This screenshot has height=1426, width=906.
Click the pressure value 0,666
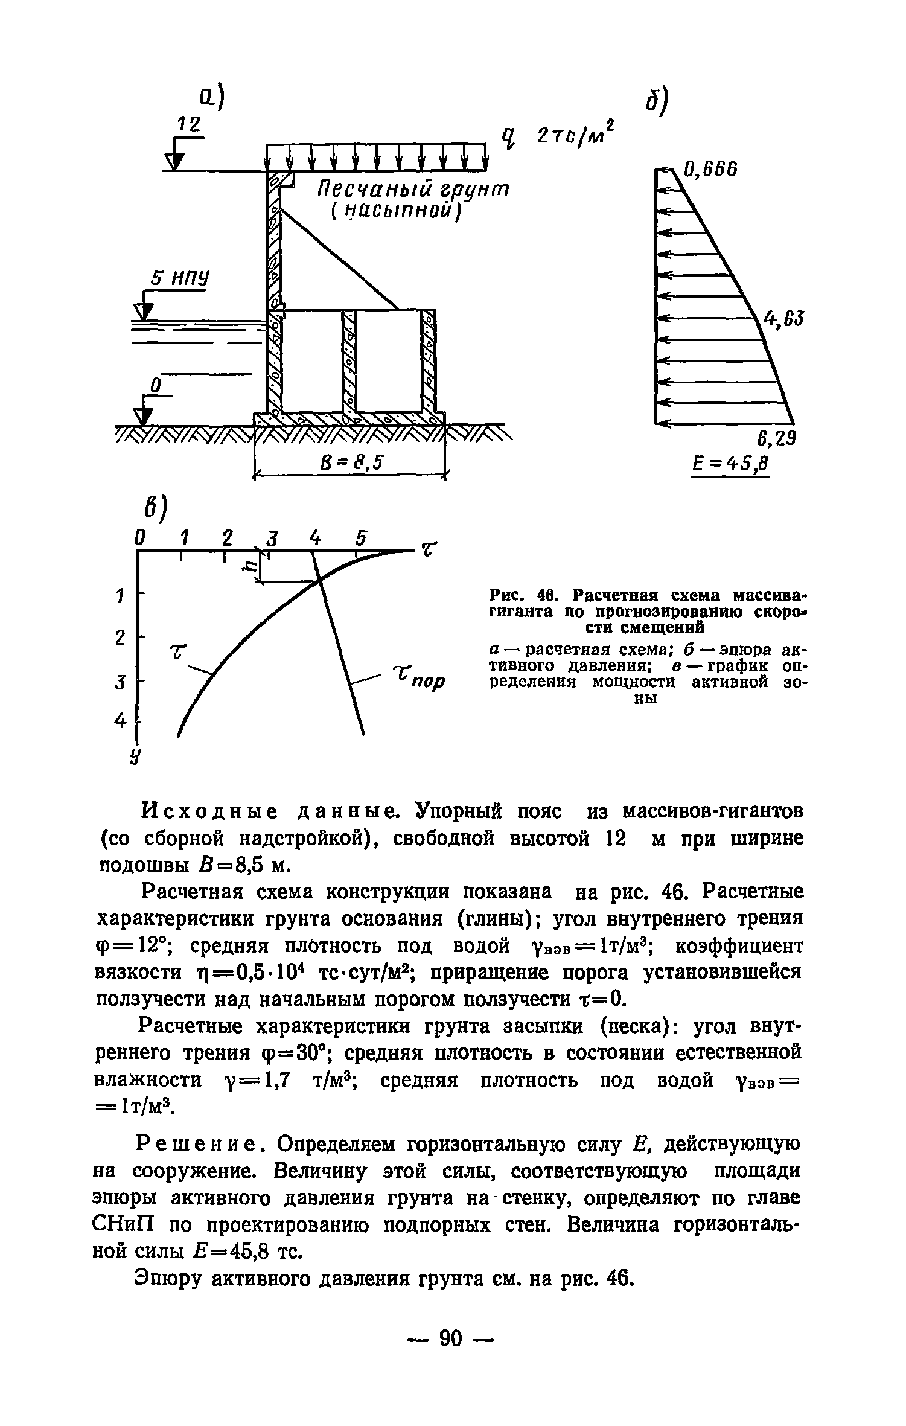click(710, 170)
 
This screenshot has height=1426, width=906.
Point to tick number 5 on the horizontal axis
click(361, 537)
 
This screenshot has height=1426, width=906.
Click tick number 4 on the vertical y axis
click(120, 721)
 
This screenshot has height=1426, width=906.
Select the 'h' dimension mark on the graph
click(248, 568)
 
